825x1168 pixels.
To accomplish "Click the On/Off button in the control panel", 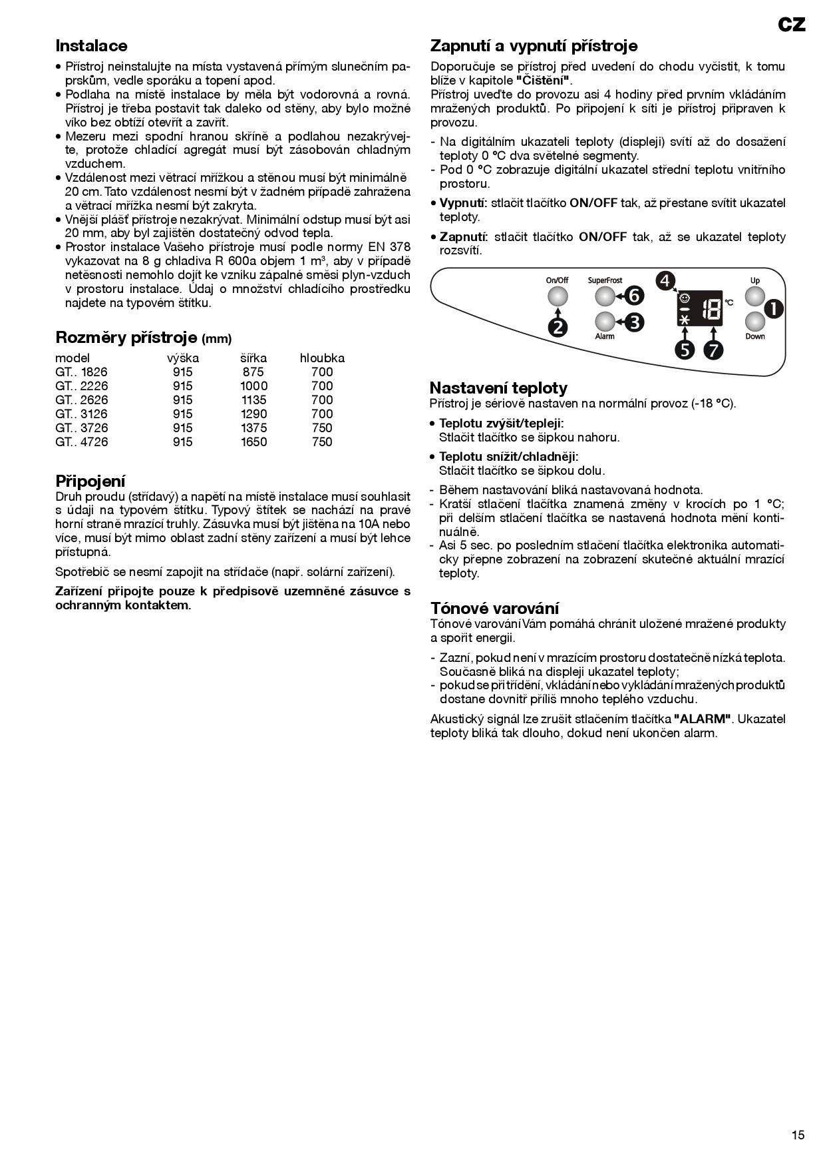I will point(557,296).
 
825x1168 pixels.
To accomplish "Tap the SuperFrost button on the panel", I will point(604,296).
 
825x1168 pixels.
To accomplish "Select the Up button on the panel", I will point(755,296).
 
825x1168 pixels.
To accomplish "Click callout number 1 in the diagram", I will point(774,308).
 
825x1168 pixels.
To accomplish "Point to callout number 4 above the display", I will point(665,281).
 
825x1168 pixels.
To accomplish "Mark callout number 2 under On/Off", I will point(558,327).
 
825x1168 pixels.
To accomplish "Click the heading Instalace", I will point(91,46).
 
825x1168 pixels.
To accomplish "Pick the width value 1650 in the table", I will point(253,442).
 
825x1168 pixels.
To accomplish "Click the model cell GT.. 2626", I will point(81,400).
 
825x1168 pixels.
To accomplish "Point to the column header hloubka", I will point(322,358).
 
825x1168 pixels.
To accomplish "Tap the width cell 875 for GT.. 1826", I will point(253,372).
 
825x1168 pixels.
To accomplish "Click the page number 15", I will point(798,1135).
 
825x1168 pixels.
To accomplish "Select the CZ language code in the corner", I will point(792,25).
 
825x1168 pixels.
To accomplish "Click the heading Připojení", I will point(90,481).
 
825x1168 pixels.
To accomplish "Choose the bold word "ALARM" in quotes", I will point(703,719).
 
